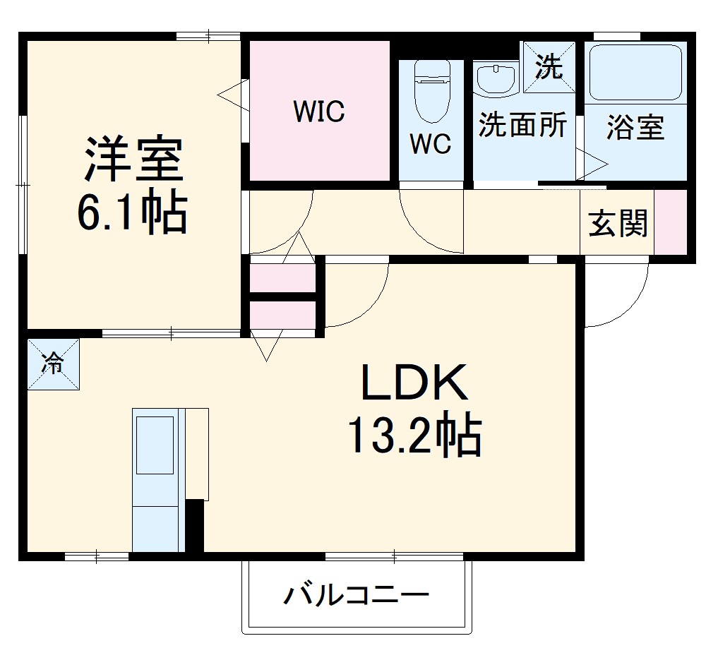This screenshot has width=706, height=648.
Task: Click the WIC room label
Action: coord(319,111)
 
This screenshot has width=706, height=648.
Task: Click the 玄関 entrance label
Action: coord(618,224)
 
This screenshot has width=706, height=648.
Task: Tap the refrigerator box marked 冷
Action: coord(53,364)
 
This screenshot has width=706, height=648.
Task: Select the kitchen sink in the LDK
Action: coord(155,445)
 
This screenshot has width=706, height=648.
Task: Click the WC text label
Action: coord(431,144)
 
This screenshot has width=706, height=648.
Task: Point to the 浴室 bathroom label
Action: coord(635,128)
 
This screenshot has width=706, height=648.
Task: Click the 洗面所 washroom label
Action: coord(522,125)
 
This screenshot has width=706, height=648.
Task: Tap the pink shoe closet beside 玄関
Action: coord(670,222)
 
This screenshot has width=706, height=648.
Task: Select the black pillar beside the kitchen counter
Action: coord(195,525)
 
